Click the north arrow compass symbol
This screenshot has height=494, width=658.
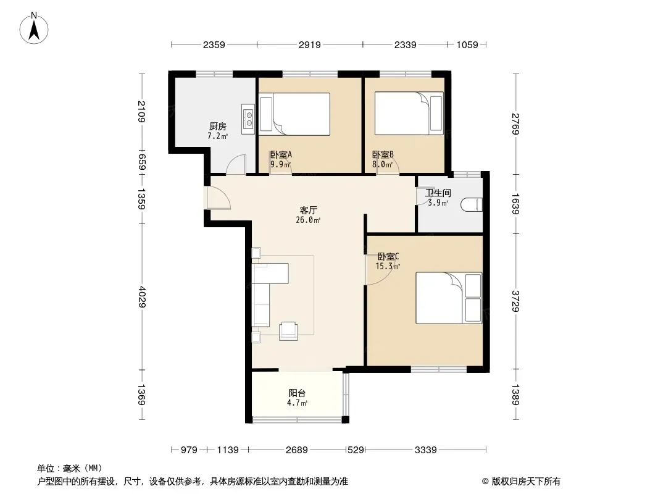(34, 28)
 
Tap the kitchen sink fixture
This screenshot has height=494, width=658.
(248, 119)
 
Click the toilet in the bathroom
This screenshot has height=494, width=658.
(472, 205)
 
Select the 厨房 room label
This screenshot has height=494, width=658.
(218, 127)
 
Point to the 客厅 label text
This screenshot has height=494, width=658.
(308, 211)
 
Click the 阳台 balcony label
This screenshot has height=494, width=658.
(297, 393)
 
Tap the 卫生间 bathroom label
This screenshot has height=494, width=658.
(438, 193)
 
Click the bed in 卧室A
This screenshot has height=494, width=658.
(294, 114)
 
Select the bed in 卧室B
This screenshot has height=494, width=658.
(409, 114)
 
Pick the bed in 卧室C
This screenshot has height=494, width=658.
(449, 298)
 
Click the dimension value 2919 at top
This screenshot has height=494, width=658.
(310, 45)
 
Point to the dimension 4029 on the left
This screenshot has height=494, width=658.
(142, 297)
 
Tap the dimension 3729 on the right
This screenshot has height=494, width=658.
(516, 301)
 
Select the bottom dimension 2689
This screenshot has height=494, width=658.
(297, 450)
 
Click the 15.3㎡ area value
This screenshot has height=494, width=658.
(388, 267)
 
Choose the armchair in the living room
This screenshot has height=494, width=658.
(289, 330)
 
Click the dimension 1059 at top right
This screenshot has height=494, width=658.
(467, 45)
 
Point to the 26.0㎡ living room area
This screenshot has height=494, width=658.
(308, 220)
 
